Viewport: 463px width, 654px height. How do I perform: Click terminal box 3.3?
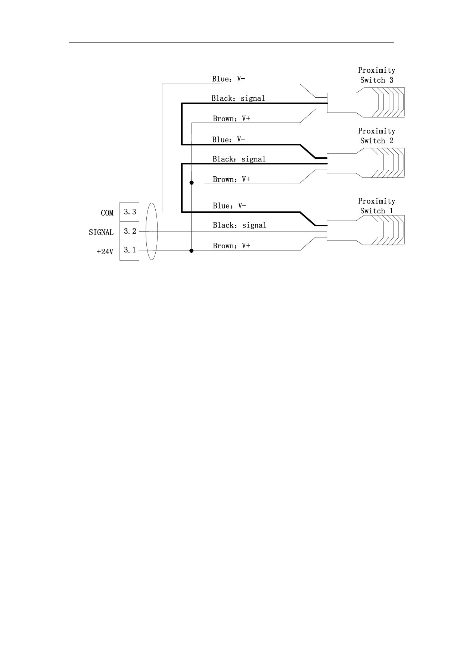pos(129,212)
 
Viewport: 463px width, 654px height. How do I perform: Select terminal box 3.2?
pos(129,231)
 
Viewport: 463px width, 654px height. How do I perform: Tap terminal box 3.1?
pos(129,250)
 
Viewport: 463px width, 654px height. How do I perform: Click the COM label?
pos(107,213)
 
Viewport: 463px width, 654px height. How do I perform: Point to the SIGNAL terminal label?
pos(101,232)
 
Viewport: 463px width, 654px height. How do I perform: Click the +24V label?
pos(105,252)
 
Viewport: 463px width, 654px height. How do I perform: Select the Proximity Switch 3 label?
pos(376,75)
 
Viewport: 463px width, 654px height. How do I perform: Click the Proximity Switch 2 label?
pos(376,136)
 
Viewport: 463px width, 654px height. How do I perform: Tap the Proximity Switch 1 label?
pos(376,206)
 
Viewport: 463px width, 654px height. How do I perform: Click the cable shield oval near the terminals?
pos(152,231)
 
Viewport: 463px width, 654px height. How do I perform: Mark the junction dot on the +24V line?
pos(192,251)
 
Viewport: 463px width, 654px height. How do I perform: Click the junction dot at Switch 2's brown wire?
pos(192,183)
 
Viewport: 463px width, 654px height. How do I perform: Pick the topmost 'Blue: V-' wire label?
pos(229,79)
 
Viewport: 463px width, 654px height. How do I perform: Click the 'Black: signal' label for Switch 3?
pos(238,98)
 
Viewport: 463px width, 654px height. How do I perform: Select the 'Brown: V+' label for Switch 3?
pos(232,119)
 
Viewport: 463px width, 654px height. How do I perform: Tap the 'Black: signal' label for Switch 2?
pos(239,159)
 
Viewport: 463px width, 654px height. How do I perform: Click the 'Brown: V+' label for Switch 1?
pos(232,246)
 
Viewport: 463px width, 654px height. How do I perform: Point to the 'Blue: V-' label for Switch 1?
pos(230,206)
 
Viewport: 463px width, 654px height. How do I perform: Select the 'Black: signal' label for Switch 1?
pos(240,225)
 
